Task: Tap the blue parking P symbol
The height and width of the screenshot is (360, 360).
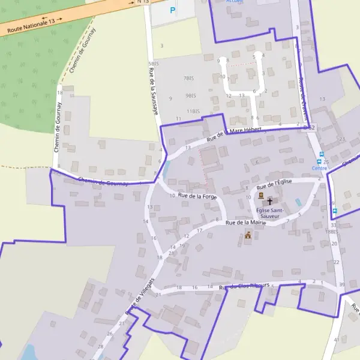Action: tap(173, 10)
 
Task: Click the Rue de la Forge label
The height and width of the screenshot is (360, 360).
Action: tap(197, 196)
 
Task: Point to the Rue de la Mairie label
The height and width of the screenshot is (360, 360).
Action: tap(245, 223)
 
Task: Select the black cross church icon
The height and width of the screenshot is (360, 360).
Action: tap(270, 201)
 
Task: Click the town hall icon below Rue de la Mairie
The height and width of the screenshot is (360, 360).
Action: tap(247, 236)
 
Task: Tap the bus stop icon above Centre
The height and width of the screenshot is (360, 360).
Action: tap(320, 154)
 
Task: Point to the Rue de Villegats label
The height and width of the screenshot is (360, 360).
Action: tap(139, 298)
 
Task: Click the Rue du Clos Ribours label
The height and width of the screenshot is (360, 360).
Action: tap(246, 286)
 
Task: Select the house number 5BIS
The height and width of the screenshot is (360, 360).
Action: tap(154, 63)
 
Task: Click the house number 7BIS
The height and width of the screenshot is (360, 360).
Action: tap(189, 78)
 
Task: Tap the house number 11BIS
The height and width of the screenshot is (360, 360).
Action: tap(193, 111)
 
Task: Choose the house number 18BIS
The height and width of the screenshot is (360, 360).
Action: tap(332, 231)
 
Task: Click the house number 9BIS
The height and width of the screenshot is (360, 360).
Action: tap(191, 95)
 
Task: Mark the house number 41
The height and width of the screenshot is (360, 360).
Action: tap(337, 340)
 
